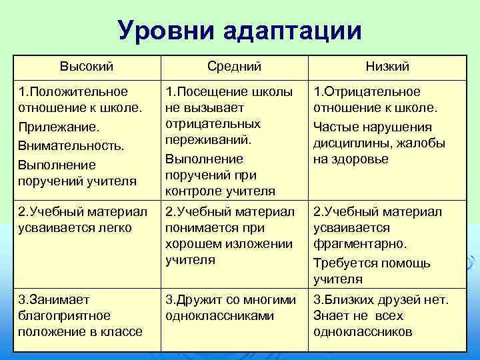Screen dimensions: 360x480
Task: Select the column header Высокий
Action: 86,66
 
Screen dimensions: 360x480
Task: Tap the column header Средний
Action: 234,66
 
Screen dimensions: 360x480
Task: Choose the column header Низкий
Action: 387,66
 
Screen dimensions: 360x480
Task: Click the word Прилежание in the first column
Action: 59,127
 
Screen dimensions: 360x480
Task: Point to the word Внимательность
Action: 72,145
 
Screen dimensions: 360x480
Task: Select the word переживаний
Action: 208,141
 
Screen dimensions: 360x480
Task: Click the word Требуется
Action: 346,263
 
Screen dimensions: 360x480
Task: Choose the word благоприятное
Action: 65,315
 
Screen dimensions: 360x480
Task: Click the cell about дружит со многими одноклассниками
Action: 230,307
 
